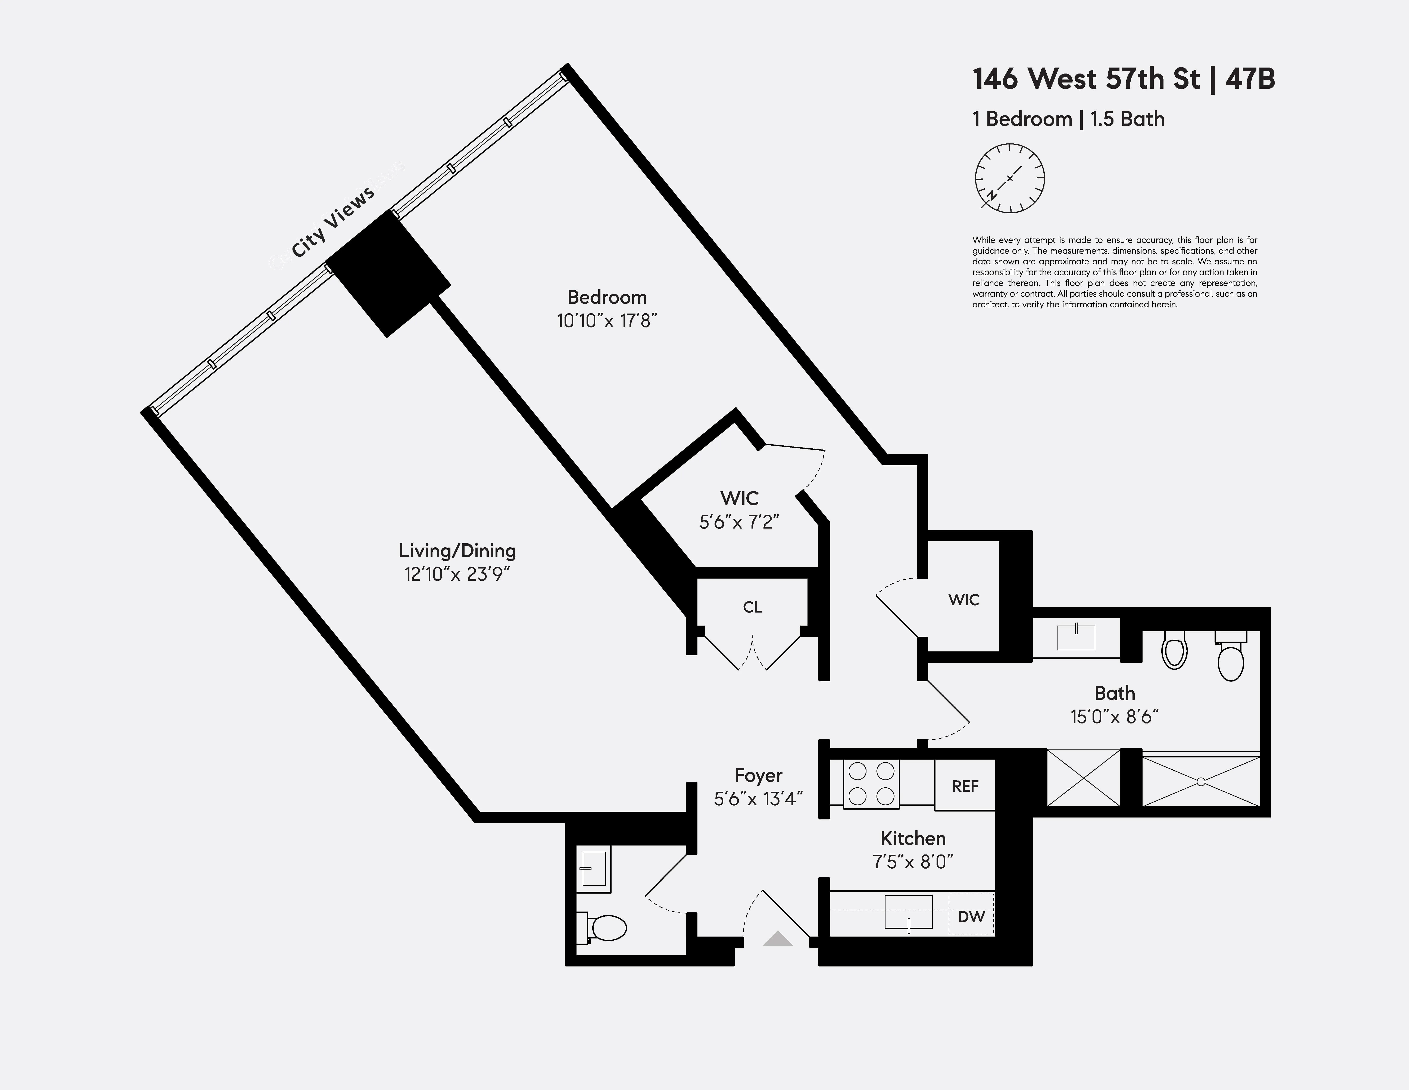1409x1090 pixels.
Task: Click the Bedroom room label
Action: [x=606, y=298]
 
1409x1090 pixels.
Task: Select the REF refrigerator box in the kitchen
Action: [x=965, y=785]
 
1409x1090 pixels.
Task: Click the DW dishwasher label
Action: [x=971, y=916]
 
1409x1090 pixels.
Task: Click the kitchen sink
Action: [x=908, y=911]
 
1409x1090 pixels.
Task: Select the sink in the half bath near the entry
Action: [x=593, y=869]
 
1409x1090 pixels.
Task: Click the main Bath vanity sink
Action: [x=1076, y=637]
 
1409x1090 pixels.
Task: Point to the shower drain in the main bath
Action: [x=1201, y=782]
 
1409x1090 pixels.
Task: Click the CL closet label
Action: [x=752, y=607]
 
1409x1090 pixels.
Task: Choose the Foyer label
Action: [x=758, y=775]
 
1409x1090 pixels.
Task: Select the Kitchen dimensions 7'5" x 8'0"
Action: [x=913, y=862]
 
